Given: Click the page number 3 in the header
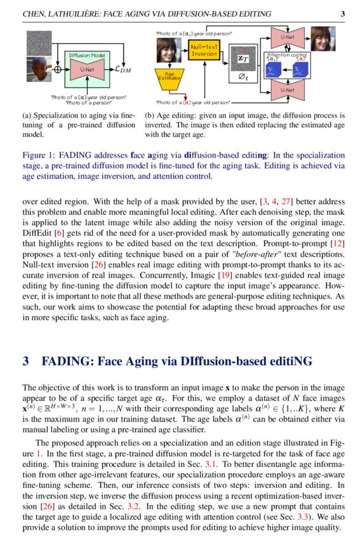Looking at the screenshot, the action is pyautogui.click(x=343, y=13).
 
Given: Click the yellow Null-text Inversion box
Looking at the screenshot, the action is pyautogui.click(x=204, y=50).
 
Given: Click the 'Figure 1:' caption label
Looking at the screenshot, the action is pyautogui.click(x=38, y=156).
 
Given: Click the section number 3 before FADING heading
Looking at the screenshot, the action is pyautogui.click(x=26, y=361).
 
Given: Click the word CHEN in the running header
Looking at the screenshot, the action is pyautogui.click(x=36, y=13).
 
